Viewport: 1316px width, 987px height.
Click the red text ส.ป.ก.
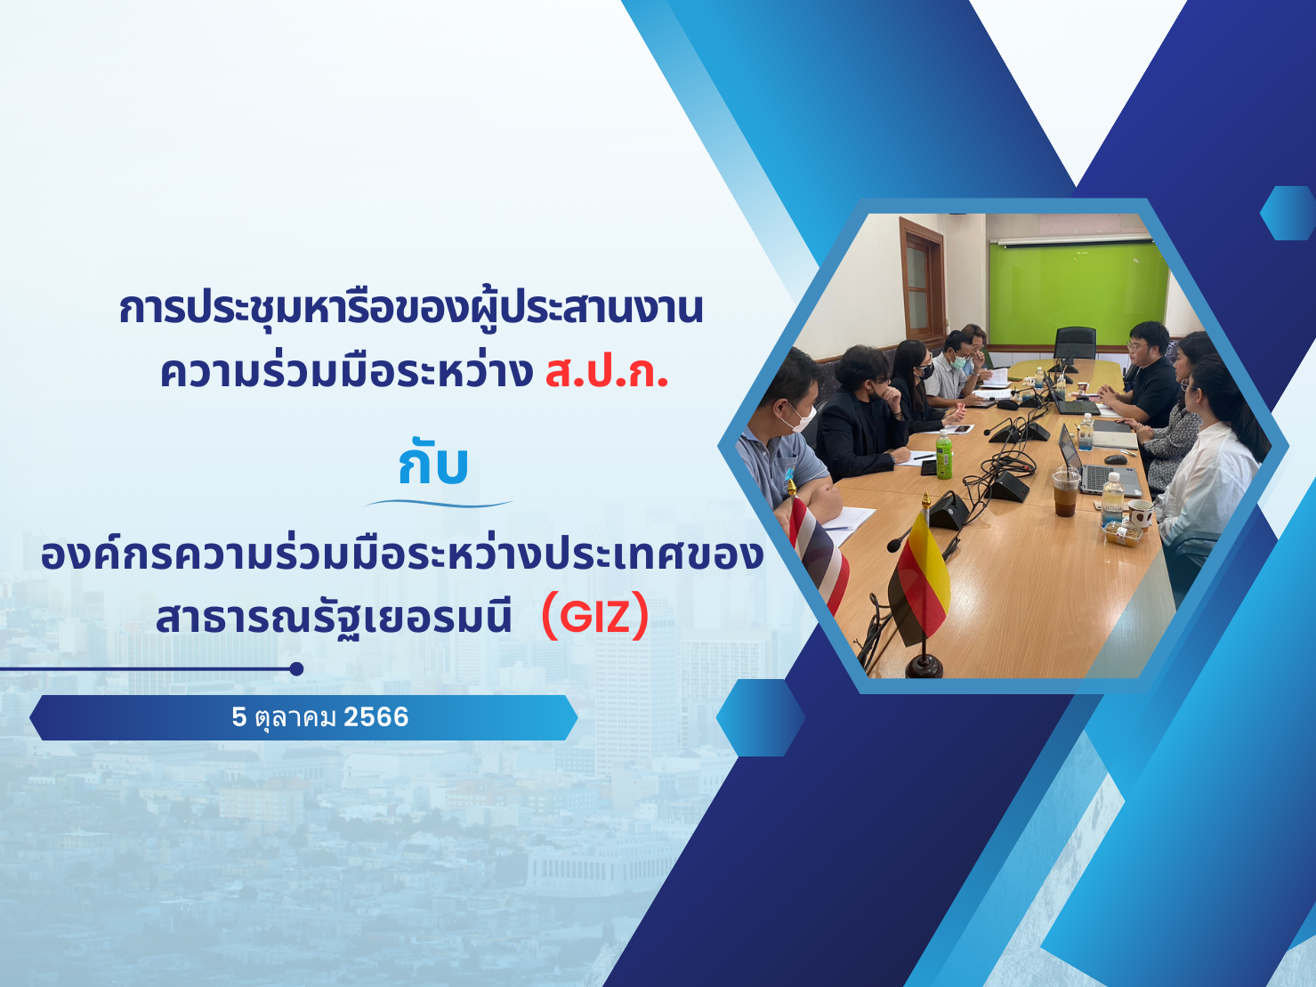click(606, 372)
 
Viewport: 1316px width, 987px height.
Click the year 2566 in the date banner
click(376, 717)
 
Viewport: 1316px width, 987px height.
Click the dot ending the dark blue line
click(296, 669)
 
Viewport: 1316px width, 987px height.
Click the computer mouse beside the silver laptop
click(1115, 459)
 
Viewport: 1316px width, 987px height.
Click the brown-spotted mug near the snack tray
click(1139, 514)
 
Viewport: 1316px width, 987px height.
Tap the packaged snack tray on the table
click(1120, 532)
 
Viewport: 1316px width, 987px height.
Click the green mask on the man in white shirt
click(958, 362)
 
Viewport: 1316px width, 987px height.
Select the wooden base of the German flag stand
click(924, 667)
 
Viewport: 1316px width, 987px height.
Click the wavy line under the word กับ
click(439, 503)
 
